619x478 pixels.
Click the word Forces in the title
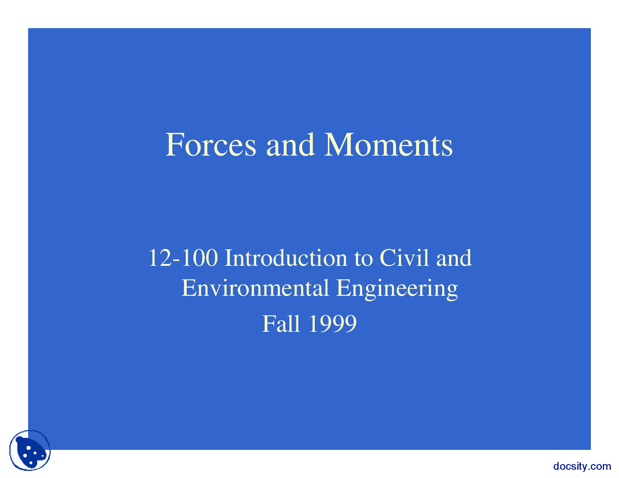pos(211,145)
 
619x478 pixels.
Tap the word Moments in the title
pos(388,145)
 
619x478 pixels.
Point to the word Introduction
pos(286,258)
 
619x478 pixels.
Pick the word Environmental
pos(255,288)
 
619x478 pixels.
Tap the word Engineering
pos(397,289)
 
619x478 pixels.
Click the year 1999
pos(332,324)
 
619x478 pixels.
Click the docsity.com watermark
pos(582,466)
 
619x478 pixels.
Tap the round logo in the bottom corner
pos(30,451)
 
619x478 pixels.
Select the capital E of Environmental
pos(188,288)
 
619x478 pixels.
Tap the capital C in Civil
pos(387,258)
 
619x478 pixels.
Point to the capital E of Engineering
pos(343,288)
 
